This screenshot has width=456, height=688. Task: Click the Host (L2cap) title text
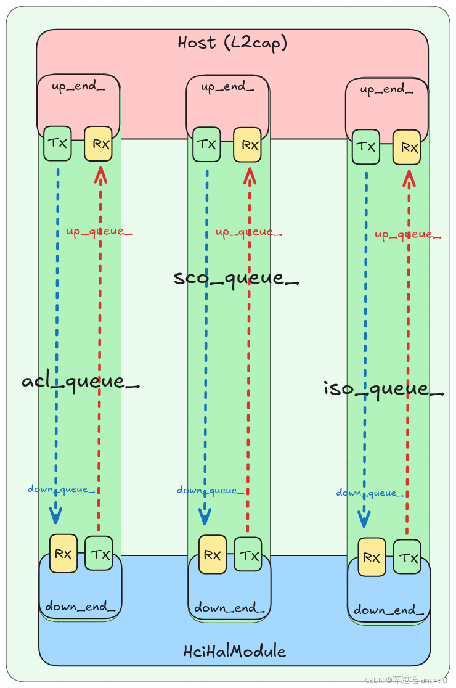point(232,43)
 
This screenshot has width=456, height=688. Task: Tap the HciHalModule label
point(235,651)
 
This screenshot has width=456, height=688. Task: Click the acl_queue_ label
point(81,382)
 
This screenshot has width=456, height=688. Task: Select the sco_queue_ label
point(236,277)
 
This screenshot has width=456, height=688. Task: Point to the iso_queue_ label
point(383,388)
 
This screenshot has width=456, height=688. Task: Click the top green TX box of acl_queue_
point(57,144)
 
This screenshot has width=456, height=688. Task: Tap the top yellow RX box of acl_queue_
point(99,144)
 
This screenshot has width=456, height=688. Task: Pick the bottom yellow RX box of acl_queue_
point(63,554)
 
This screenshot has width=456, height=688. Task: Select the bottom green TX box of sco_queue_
point(248,554)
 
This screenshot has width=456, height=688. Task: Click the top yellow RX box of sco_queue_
point(247,145)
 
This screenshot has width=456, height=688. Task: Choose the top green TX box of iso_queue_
point(366,147)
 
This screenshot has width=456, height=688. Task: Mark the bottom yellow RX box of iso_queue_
point(372,557)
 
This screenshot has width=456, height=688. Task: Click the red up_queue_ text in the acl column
point(100,232)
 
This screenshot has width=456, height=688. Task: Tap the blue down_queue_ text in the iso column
point(370,493)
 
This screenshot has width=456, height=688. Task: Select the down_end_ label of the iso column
point(389,611)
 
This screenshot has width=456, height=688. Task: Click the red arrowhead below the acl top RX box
point(99,176)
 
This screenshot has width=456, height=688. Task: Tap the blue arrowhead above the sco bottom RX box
point(205,517)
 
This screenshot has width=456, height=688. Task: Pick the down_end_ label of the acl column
point(80,607)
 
